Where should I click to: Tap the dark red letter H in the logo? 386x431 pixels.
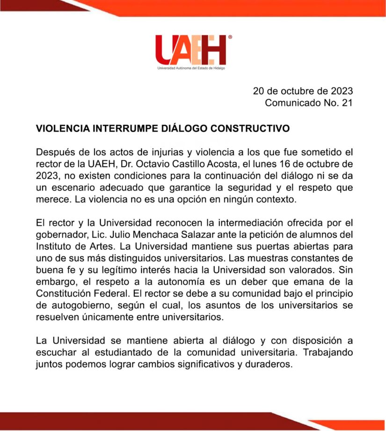click(217, 50)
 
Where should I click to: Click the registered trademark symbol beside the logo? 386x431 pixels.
click(230, 36)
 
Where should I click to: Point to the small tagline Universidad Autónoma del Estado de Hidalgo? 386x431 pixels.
click(192, 68)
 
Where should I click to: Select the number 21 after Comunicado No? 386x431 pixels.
click(347, 103)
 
